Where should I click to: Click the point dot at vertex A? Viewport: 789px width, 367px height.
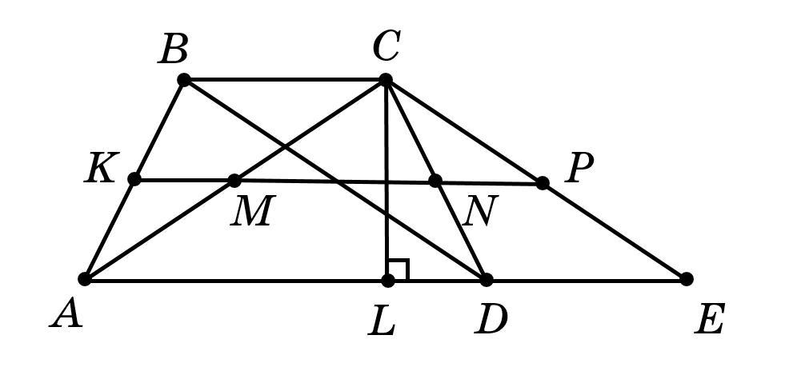[85, 279]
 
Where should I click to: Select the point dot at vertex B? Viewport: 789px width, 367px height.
[184, 79]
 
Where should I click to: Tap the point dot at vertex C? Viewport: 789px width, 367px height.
[386, 79]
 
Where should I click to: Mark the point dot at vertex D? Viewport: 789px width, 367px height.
[486, 279]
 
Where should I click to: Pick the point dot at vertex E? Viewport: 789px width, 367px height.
[686, 279]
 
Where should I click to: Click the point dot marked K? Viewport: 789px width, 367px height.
[134, 179]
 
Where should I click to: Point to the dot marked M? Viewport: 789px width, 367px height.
[234, 180]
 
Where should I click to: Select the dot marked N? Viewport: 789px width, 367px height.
[435, 181]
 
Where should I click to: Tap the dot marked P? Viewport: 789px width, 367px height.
[543, 183]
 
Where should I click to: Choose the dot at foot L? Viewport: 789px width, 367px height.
[388, 280]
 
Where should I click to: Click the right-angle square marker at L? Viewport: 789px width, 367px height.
[399, 269]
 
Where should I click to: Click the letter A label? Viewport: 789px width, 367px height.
[66, 314]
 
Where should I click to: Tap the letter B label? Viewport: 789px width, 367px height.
[174, 50]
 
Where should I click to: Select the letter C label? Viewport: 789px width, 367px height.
[386, 47]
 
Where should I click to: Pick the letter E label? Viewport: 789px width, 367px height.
[710, 320]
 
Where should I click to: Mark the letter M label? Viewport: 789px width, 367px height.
[251, 212]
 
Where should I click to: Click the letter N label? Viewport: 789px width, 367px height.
[480, 213]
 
